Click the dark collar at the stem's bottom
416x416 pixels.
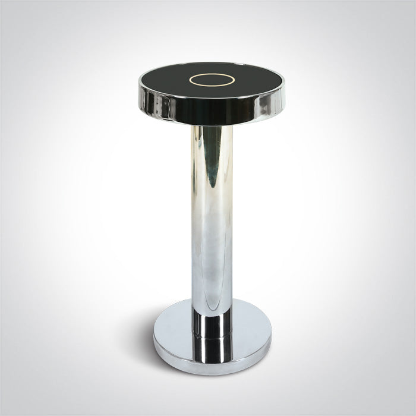tap(210, 324)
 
